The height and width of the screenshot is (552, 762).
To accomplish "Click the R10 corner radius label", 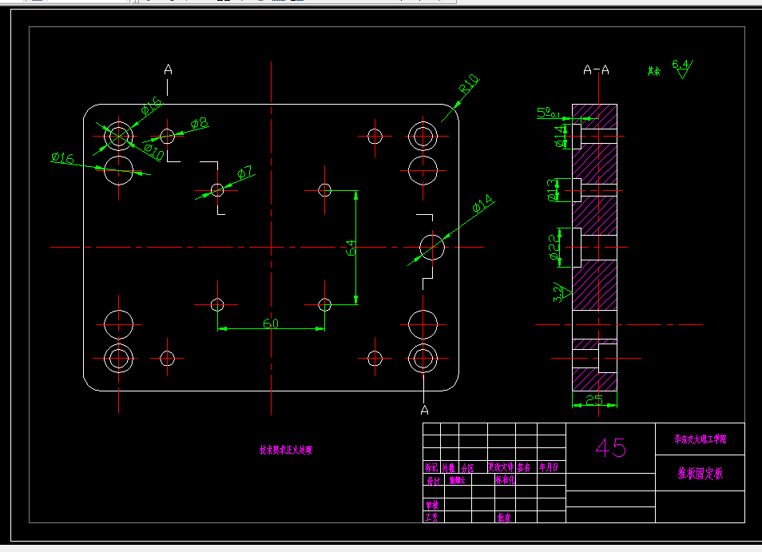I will coord(468,84).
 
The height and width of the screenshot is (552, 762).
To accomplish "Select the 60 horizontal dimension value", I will coord(271,323).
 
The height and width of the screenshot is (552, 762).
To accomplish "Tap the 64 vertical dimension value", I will coord(350,248).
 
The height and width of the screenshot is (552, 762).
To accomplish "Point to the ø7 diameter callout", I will coord(244,172).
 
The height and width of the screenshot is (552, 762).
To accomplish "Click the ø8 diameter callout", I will coord(200,123).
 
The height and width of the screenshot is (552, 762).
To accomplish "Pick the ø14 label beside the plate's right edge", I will coord(483,205).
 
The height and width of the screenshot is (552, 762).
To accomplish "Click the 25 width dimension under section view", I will coord(593,399).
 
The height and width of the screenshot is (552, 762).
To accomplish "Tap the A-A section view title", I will coord(596,69).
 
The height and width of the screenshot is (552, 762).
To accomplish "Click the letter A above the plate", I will coord(168,69).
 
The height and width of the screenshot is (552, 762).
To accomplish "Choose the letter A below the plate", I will coord(425,410).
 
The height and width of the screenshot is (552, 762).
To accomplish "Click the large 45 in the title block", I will coord(610,448).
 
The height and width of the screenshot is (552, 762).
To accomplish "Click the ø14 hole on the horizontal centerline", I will coord(432,246).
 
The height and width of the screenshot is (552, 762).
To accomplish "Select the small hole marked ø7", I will coord(217,189).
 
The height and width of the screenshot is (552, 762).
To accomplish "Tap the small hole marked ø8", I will coord(168,134).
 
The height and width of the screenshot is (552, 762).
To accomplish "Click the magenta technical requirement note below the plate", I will coord(285,450).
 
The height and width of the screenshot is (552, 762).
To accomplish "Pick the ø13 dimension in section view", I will coord(554,190).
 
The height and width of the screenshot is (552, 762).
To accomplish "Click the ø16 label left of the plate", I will coord(62,158).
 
